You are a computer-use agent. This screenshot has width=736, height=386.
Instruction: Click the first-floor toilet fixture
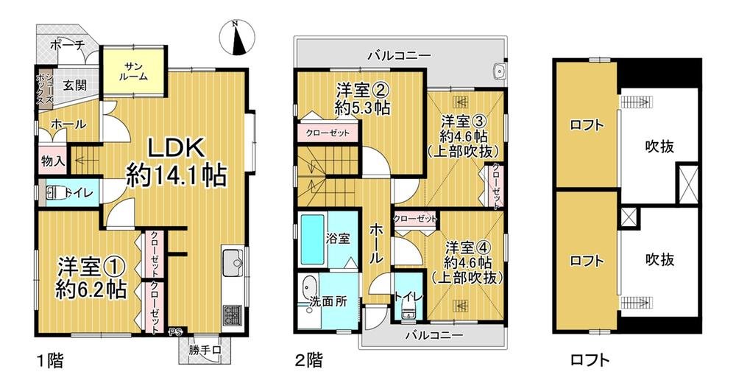click(x=54, y=193)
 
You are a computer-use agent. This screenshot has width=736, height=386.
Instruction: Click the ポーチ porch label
click(x=68, y=46)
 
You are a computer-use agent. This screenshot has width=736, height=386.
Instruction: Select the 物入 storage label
click(x=52, y=161)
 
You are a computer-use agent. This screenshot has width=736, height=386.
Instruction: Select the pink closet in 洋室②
click(x=328, y=133)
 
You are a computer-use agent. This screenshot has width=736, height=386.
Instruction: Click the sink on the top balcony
click(x=499, y=72)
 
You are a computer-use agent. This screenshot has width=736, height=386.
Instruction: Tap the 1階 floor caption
click(x=50, y=361)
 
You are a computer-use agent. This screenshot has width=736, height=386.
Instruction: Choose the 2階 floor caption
click(x=308, y=361)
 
